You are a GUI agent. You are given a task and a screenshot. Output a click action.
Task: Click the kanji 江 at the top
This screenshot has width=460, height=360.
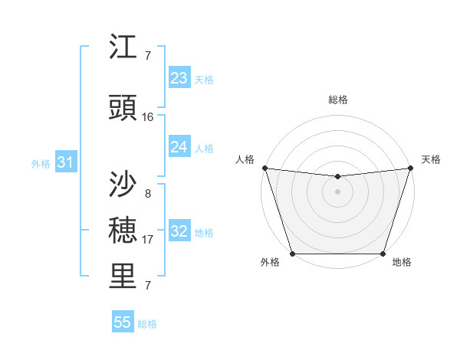(x=123, y=47)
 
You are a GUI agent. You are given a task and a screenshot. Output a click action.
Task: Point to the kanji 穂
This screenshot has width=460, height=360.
(x=123, y=229)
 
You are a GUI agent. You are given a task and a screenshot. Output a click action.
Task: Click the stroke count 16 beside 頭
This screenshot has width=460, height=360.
(x=148, y=116)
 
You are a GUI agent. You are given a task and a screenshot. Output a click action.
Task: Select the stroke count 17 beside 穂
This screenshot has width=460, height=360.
(x=148, y=239)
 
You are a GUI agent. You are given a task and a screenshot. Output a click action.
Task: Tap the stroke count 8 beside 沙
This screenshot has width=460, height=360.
(x=147, y=193)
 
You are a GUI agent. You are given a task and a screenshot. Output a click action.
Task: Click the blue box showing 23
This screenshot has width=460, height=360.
(x=179, y=78)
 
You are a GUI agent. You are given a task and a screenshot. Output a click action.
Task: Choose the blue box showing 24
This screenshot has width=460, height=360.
(x=179, y=147)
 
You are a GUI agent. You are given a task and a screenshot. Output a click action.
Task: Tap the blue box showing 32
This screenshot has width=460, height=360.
(x=179, y=231)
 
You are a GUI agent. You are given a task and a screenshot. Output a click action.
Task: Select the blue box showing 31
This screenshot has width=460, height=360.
(x=65, y=162)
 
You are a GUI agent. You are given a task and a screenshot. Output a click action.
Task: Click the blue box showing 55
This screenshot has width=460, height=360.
(x=123, y=322)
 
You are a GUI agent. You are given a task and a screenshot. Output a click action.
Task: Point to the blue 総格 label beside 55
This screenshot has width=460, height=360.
(x=147, y=324)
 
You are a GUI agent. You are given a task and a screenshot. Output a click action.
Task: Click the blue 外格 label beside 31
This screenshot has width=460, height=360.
(x=41, y=164)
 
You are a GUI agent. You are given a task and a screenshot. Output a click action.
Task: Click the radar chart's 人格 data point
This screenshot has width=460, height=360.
(x=264, y=168)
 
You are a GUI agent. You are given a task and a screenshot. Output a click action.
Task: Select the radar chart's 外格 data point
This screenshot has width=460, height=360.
(x=292, y=254)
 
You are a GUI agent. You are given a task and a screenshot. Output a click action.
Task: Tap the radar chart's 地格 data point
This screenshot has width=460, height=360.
(x=383, y=254)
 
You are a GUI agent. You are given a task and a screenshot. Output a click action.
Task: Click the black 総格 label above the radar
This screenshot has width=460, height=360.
(x=337, y=100)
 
